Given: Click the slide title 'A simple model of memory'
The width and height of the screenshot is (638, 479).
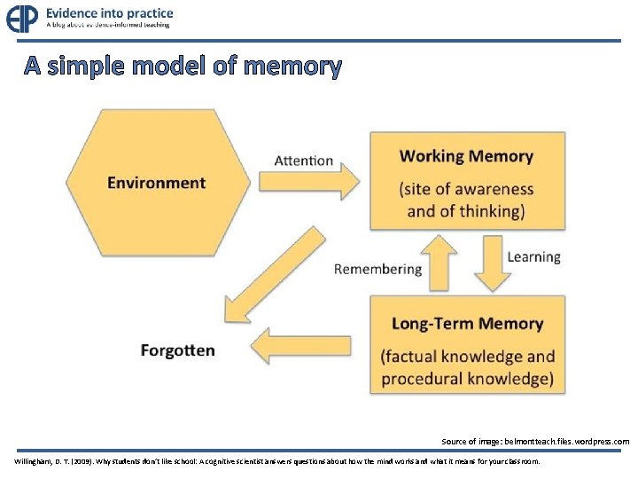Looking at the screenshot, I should (182, 66).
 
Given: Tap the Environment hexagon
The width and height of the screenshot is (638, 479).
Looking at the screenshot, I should (156, 183).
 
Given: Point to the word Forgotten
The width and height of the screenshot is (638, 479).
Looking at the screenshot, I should (177, 350).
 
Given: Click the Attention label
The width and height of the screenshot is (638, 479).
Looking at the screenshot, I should (304, 161).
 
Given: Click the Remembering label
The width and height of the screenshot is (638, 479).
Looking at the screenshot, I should (377, 269).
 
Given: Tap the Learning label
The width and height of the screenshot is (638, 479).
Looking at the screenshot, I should (533, 257).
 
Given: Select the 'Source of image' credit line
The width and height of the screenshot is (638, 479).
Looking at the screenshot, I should (535, 441).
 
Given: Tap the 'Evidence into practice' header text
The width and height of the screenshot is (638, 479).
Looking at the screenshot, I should (110, 13).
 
